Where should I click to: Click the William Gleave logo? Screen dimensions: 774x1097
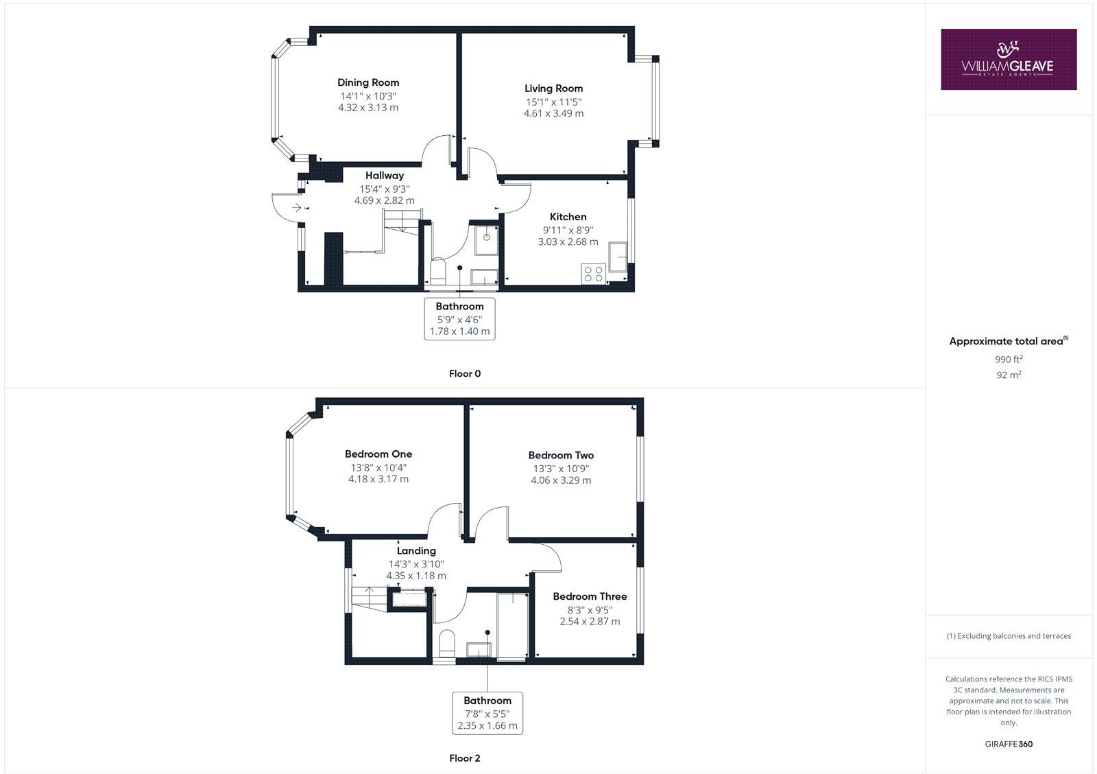click(x=1008, y=59)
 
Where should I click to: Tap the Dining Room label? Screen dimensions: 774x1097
click(x=368, y=82)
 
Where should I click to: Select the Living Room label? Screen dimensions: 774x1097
click(x=553, y=88)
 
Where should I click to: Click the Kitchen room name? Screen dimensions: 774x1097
click(x=568, y=217)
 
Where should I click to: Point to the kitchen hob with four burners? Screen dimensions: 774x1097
click(x=592, y=274)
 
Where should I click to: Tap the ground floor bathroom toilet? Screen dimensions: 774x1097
click(x=438, y=270)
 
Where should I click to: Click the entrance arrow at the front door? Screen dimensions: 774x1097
click(x=296, y=207)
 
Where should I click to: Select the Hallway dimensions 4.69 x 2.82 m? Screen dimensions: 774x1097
click(x=384, y=200)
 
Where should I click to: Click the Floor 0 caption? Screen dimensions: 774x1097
click(x=465, y=374)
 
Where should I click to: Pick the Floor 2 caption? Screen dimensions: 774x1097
click(x=465, y=758)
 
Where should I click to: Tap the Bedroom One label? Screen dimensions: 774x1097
click(x=378, y=454)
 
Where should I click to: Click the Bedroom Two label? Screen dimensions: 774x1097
click(x=561, y=456)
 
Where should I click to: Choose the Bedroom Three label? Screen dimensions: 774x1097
click(x=590, y=597)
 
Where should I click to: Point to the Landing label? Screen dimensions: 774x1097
click(x=416, y=551)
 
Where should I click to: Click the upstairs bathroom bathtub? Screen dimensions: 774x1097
click(x=512, y=626)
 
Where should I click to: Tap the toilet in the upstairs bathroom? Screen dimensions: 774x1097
click(x=447, y=643)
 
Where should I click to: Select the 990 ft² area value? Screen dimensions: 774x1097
click(x=1009, y=359)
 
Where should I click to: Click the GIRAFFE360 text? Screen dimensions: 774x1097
click(x=1009, y=744)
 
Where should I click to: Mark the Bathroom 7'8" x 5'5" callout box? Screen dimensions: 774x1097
click(x=487, y=713)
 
